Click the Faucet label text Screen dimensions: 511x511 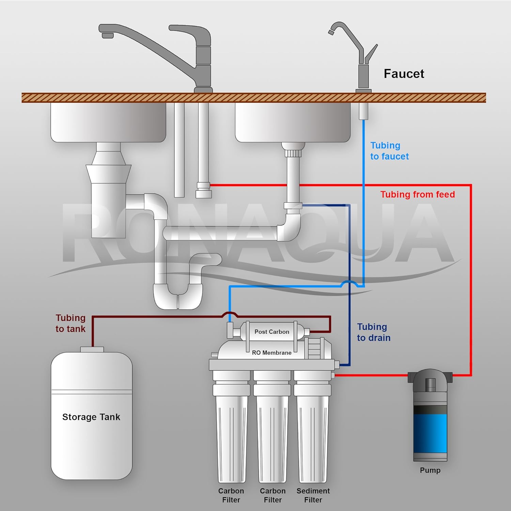pyautogui.click(x=404, y=74)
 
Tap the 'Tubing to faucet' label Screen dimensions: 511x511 pyautogui.click(x=389, y=151)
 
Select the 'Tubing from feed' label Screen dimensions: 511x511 pyautogui.click(x=418, y=195)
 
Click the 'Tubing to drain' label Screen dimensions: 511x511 pyautogui.click(x=374, y=332)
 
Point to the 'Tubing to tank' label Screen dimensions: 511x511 pyautogui.click(x=71, y=323)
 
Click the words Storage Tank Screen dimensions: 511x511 pyautogui.click(x=91, y=417)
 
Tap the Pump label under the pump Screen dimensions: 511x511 pyautogui.click(x=430, y=470)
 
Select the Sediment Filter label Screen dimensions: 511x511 pyautogui.click(x=313, y=495)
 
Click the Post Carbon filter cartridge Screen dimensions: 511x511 pyautogui.click(x=269, y=331)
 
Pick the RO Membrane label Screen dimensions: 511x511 pyautogui.click(x=272, y=353)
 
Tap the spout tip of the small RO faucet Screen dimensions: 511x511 pyautogui.click(x=331, y=32)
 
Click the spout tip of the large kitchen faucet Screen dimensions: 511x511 pyautogui.click(x=108, y=35)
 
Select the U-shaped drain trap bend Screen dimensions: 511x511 pyautogui.click(x=178, y=296)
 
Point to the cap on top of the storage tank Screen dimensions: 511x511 pyautogui.click(x=92, y=350)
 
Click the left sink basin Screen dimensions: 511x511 pyautogui.click(x=108, y=122)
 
